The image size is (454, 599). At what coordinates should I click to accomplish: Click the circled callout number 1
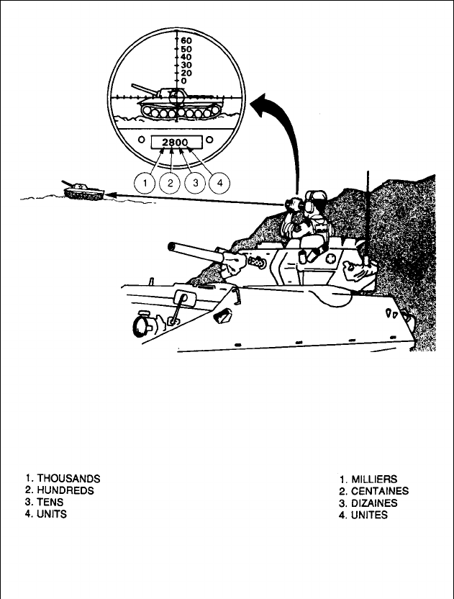click(146, 183)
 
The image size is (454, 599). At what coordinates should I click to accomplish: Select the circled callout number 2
click(171, 183)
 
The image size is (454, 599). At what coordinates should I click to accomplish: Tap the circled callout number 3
click(195, 183)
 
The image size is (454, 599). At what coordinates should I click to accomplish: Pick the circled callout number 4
click(219, 183)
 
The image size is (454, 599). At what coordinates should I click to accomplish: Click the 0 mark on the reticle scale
click(184, 81)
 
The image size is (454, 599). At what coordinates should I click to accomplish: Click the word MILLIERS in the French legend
click(374, 479)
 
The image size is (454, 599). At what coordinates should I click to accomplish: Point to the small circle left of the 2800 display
click(142, 140)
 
